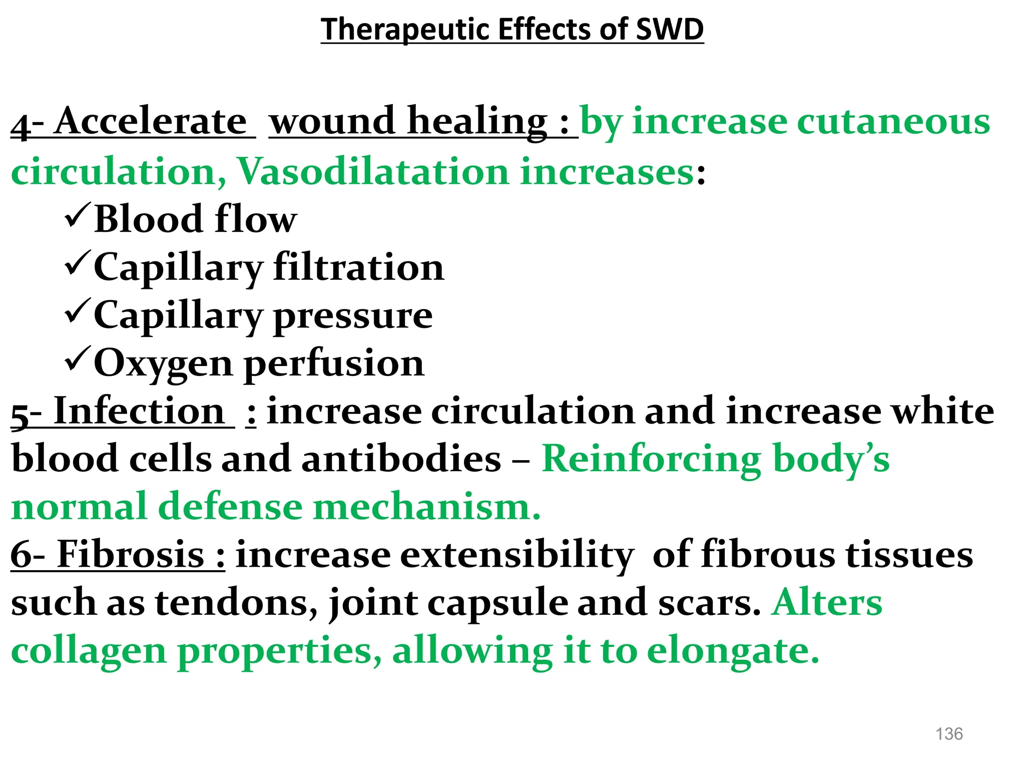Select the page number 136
click(949, 734)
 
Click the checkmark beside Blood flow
click(78, 216)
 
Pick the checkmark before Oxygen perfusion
click(78, 359)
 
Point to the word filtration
click(358, 267)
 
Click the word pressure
click(353, 315)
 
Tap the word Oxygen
click(163, 363)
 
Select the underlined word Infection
click(139, 411)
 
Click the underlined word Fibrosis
click(131, 555)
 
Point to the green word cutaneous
click(893, 122)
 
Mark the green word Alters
click(827, 602)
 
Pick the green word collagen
click(89, 651)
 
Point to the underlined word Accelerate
click(150, 122)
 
